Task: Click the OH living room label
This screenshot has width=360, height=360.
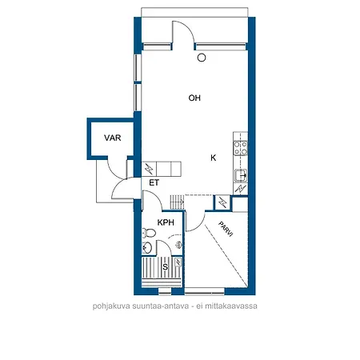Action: coord(194,98)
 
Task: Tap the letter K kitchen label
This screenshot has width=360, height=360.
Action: coord(214,158)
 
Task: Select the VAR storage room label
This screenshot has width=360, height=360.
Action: coord(113,138)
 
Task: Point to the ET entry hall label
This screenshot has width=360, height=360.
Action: coord(154,182)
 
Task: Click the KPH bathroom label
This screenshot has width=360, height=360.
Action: coord(166,222)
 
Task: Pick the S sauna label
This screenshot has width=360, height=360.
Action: coord(166,266)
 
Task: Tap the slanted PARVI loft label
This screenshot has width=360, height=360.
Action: coord(226,229)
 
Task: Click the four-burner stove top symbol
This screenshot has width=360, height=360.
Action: coord(241,148)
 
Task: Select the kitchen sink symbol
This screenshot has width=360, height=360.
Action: coord(241,175)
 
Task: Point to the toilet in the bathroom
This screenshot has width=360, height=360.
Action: coord(149,233)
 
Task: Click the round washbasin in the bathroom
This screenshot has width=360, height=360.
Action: coord(147,248)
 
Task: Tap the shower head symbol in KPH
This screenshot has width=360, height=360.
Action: coord(179,245)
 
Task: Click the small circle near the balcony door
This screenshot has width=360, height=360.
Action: coord(202,58)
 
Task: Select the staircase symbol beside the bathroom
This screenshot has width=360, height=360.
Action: coord(177,202)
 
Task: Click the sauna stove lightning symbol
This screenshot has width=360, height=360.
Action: coord(178,262)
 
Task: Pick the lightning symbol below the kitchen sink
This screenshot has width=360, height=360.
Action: coord(241,189)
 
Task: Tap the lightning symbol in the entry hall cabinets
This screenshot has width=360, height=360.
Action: coord(149,169)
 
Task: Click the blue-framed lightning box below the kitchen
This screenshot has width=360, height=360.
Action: coord(222,203)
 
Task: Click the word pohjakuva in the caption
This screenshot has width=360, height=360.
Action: coord(111,306)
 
